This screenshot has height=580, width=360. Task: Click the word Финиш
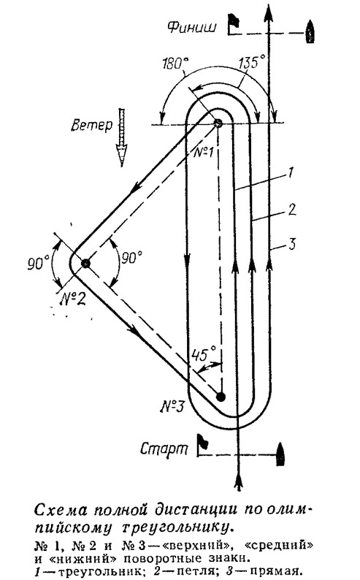pyautogui.click(x=191, y=27)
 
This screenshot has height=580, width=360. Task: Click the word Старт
pyautogui.click(x=164, y=449)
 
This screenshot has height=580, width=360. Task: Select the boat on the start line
pyautogui.click(x=281, y=454)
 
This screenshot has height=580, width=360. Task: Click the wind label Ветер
pyautogui.click(x=92, y=126)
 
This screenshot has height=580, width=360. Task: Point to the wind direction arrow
pyautogui.click(x=121, y=137)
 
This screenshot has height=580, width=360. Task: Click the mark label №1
pyautogui.click(x=203, y=151)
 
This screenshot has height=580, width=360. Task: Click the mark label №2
pyautogui.click(x=73, y=297)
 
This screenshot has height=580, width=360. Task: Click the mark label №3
pyautogui.click(x=172, y=407)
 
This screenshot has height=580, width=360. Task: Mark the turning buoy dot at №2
pyautogui.click(x=85, y=263)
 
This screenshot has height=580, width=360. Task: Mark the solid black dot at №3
pyautogui.click(x=221, y=397)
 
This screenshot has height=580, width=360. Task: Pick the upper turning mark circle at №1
pyautogui.click(x=218, y=123)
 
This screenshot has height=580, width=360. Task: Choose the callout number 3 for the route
pyautogui.click(x=292, y=244)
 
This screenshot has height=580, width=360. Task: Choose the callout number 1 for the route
pyautogui.click(x=291, y=172)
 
